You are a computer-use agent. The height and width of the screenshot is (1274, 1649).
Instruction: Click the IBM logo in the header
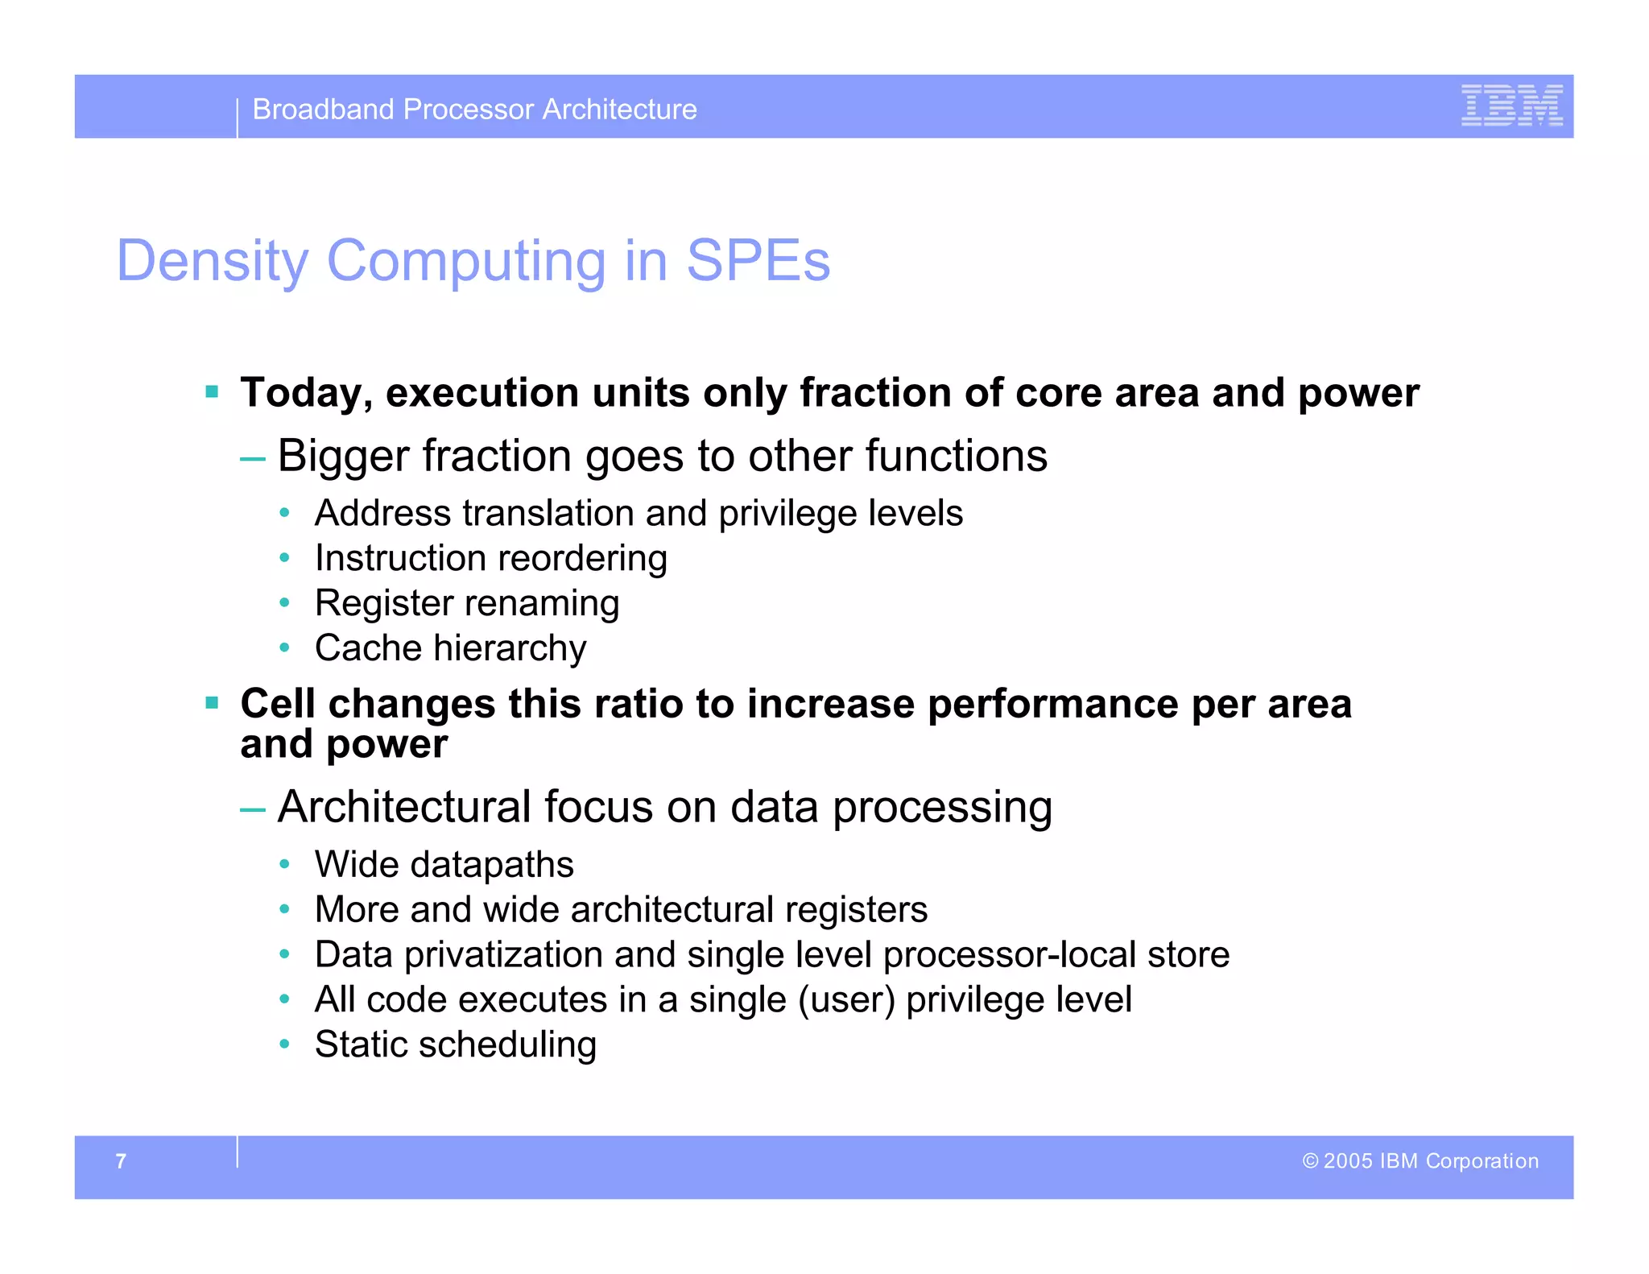tap(1511, 105)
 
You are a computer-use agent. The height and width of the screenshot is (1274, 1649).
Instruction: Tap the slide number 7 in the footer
tap(121, 1160)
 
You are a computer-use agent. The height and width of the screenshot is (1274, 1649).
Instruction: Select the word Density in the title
tap(212, 261)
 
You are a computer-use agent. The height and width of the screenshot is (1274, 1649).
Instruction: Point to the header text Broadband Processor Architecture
tap(474, 110)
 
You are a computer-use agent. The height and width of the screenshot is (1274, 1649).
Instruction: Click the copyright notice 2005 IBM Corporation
tap(1420, 1160)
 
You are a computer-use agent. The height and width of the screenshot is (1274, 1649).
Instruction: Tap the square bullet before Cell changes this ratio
tap(212, 703)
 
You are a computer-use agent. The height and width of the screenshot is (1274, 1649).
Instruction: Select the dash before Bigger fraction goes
tap(253, 458)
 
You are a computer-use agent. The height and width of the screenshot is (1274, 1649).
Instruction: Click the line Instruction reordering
tap(490, 558)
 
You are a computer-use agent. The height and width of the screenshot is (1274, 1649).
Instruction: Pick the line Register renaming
tap(466, 603)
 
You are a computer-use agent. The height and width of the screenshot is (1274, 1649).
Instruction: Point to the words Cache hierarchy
tap(450, 648)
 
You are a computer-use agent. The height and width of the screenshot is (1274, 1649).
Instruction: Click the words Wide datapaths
tap(444, 865)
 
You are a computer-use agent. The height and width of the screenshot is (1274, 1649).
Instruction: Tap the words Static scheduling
tap(455, 1044)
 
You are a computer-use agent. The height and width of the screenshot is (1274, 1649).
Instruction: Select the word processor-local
tap(1010, 955)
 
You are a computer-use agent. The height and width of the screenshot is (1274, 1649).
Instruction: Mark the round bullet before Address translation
tap(284, 513)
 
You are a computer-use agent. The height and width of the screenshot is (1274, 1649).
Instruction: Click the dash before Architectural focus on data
tap(253, 809)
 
